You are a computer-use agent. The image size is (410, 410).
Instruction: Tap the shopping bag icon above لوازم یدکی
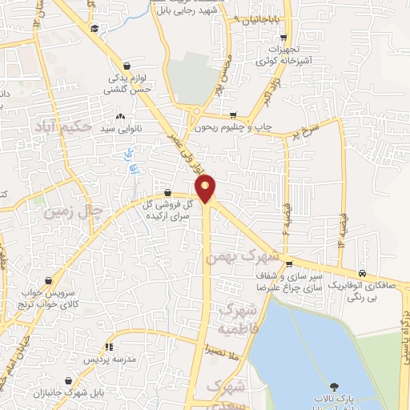(x=127, y=66)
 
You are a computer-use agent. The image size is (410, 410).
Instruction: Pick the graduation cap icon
(x=94, y=29)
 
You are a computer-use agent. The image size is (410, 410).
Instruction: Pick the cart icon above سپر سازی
(x=288, y=265)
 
